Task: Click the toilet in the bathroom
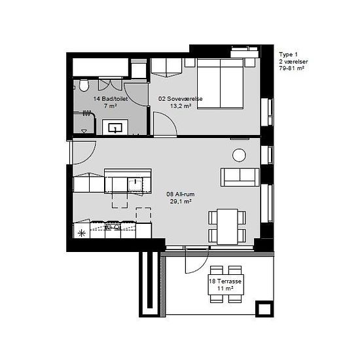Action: (x=84, y=85)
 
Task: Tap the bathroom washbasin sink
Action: (x=115, y=128)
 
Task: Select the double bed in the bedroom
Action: (x=220, y=84)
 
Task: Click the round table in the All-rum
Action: (x=239, y=155)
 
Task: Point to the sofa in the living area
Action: (x=240, y=177)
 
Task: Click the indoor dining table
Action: (x=227, y=226)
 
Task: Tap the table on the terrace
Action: (x=226, y=285)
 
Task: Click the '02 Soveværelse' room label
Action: (x=181, y=99)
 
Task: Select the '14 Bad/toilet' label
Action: (x=111, y=99)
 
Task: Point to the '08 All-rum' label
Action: (x=181, y=194)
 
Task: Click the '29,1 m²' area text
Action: (x=181, y=202)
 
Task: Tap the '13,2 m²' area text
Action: (x=181, y=106)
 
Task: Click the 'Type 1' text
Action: (x=288, y=54)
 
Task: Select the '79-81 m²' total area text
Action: (x=292, y=68)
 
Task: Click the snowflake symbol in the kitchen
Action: (x=82, y=234)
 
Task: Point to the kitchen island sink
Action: (x=135, y=185)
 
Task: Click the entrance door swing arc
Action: (x=92, y=157)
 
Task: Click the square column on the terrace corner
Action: (x=264, y=309)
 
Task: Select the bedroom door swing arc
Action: (x=170, y=118)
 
